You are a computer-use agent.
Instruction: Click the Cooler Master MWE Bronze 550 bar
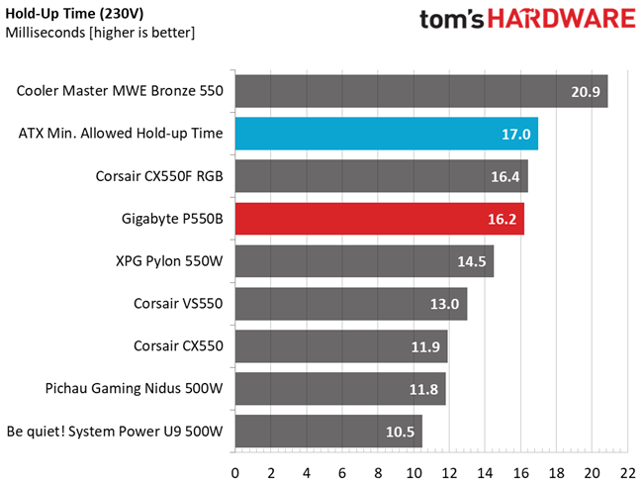[420, 91]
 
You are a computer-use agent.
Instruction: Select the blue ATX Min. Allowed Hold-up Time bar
[386, 134]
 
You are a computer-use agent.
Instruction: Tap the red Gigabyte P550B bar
[379, 219]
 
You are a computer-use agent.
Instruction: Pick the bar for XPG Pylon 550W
[364, 261]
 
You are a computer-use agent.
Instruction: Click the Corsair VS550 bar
[350, 304]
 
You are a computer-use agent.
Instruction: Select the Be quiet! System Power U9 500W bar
[328, 432]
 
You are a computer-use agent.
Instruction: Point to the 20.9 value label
[586, 91]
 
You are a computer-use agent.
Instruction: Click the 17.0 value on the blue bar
[516, 134]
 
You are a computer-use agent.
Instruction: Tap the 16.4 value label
[506, 176]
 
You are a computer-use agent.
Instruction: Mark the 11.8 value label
[423, 389]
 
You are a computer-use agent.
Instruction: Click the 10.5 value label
[401, 432]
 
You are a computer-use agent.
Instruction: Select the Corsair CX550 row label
[178, 346]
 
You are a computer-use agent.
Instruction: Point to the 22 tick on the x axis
[628, 472]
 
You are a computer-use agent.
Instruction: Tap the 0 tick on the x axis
[235, 472]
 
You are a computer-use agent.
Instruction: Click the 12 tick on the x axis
[449, 472]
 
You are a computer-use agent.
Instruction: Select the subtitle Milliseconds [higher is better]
[100, 33]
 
